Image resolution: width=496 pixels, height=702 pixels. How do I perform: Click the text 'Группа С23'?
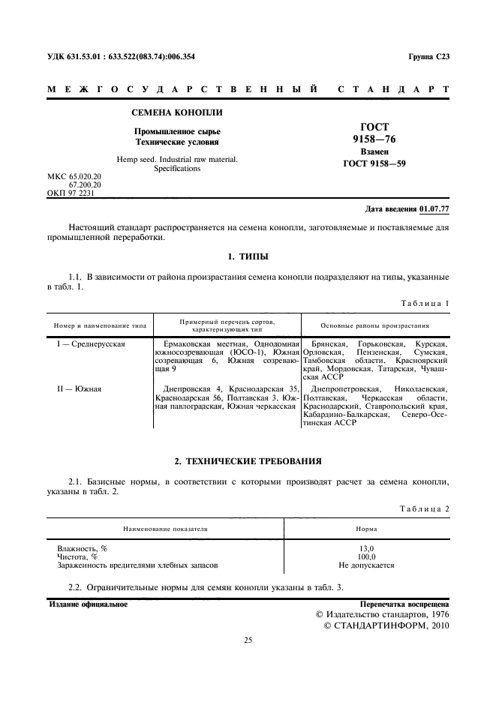(428, 57)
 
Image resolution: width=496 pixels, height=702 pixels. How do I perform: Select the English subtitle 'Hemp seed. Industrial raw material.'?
(177, 159)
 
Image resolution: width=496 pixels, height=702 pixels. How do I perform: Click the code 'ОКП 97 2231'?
(73, 192)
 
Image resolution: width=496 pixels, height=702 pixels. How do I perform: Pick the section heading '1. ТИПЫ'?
(248, 257)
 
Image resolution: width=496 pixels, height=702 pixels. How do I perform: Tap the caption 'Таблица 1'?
(425, 303)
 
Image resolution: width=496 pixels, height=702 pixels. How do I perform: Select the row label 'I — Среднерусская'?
(91, 343)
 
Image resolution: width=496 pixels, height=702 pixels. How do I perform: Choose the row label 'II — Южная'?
(80, 389)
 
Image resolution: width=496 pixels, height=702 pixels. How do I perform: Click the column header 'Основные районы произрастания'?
(374, 326)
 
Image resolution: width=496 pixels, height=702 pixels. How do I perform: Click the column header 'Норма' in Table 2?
(366, 528)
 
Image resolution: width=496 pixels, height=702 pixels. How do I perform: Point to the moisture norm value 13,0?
(366, 549)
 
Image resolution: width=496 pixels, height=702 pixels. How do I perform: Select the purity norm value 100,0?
(366, 557)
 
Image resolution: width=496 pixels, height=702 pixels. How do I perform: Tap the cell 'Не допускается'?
(366, 565)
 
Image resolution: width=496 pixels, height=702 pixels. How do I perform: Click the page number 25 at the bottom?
(248, 640)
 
